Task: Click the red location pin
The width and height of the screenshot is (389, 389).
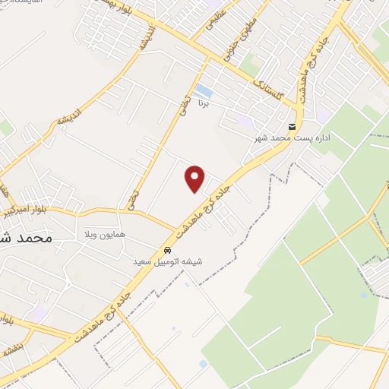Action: [x=195, y=179]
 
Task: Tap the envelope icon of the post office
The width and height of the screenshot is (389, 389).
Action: [x=292, y=126]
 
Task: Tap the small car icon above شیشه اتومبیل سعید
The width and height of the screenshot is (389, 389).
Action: [x=168, y=251]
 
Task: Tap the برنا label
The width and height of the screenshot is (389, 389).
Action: [x=202, y=101]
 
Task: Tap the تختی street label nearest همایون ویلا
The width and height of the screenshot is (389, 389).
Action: [x=134, y=199]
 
